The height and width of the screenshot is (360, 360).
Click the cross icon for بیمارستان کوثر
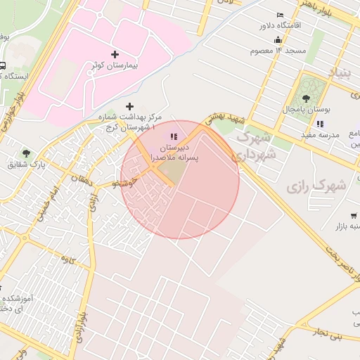[x=115, y=53]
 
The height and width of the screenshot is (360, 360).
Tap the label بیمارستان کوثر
[x=115, y=65]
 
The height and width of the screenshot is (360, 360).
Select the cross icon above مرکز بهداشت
[x=129, y=105]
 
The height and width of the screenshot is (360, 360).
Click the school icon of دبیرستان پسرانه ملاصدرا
[x=174, y=137]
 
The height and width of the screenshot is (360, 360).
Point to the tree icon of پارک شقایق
[x=27, y=153]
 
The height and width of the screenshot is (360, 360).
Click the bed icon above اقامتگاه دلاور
[x=280, y=15]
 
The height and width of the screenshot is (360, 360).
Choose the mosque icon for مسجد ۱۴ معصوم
[x=279, y=39]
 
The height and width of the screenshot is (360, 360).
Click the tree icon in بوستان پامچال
[x=306, y=98]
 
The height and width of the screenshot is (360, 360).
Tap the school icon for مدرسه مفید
[x=320, y=123]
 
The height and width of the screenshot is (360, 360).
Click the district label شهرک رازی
[x=317, y=186]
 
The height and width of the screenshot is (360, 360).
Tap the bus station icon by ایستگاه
[x=3, y=66]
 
